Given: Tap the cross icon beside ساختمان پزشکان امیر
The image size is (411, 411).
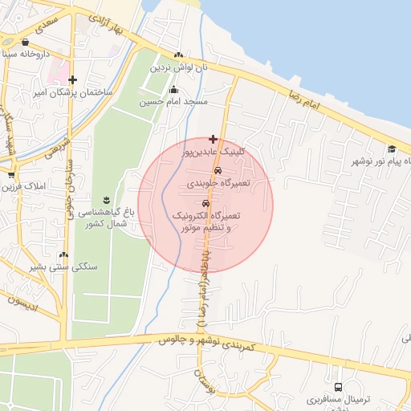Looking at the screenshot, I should [73, 79].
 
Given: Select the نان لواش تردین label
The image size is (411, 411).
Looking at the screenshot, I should [181, 67].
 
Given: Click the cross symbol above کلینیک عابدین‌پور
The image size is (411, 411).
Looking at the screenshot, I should [213, 139].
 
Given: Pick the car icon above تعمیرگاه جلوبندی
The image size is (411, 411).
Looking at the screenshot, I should [218, 173].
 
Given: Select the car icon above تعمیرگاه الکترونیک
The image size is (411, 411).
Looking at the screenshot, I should [206, 204].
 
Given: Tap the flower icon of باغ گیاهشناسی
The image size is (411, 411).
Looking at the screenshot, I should [107, 199].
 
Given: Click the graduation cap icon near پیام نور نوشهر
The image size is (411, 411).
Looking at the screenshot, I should [392, 149].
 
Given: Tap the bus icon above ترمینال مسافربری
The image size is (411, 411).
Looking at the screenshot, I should [337, 387].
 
